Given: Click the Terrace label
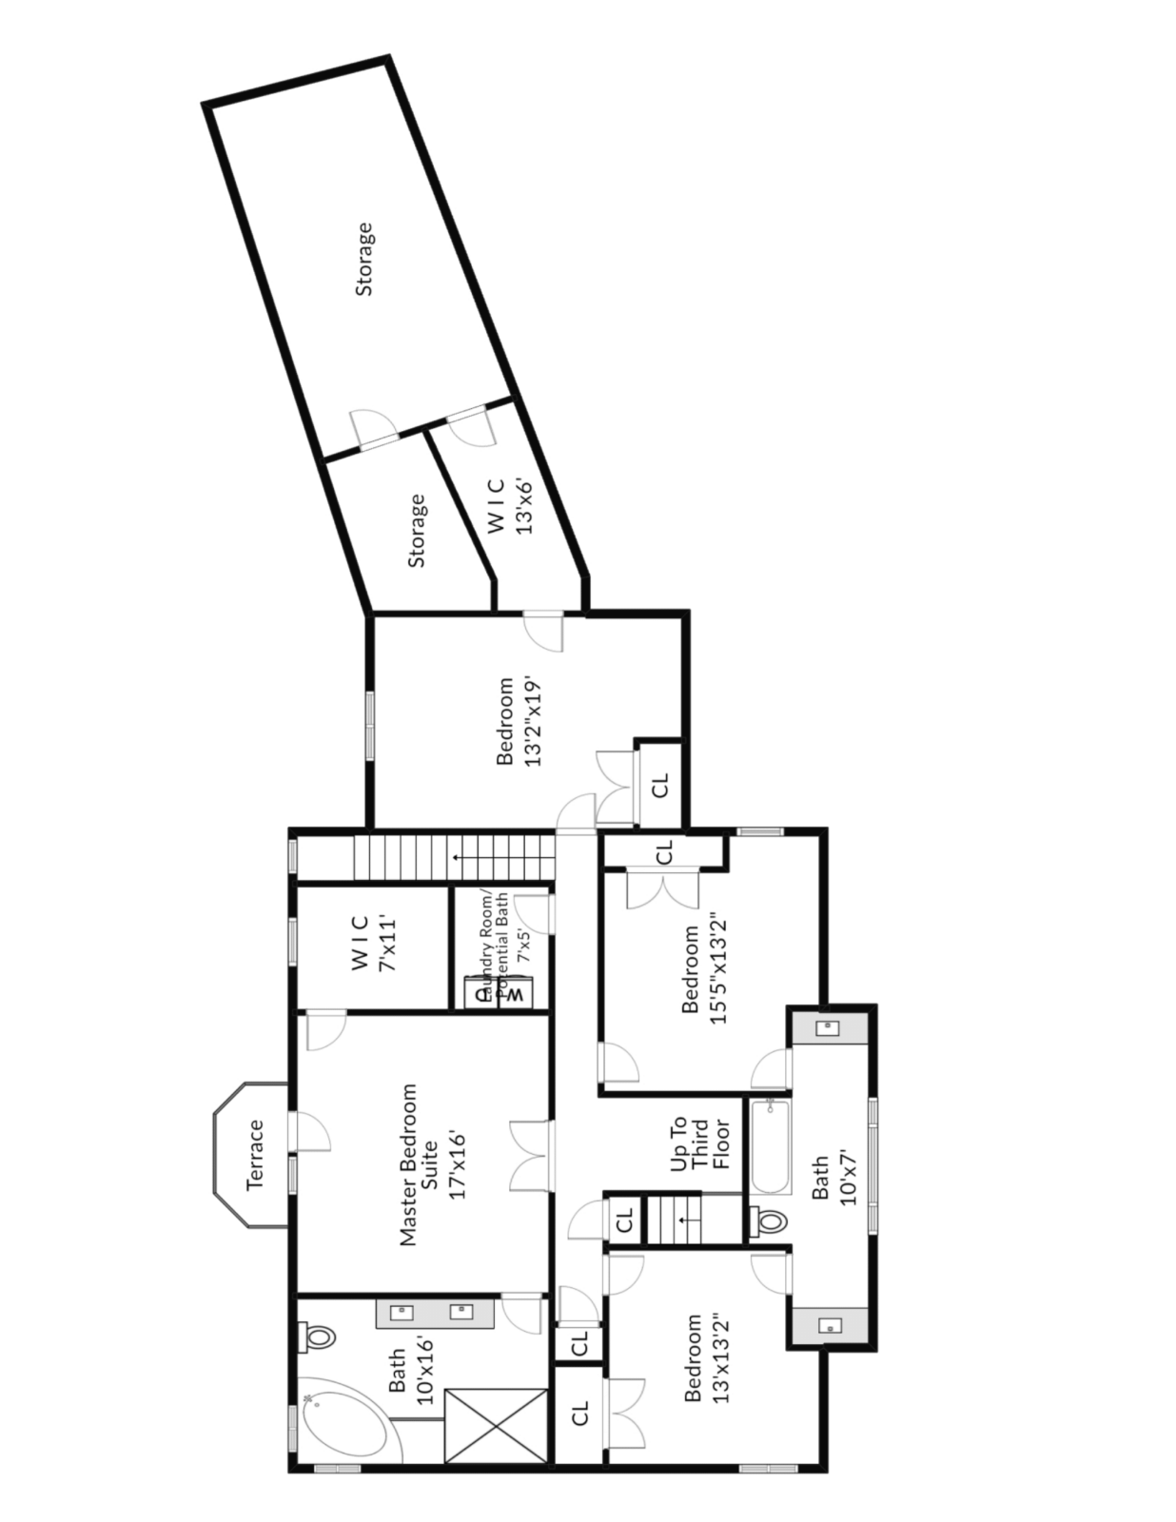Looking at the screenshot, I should point(255,1155).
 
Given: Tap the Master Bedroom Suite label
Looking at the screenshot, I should point(430,1164).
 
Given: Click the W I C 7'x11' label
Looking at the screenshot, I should point(373,943).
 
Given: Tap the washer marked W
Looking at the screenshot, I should point(515,995).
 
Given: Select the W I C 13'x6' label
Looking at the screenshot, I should point(509,504).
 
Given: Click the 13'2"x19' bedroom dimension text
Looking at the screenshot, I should point(533,721).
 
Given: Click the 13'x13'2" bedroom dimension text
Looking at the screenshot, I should point(720,1357).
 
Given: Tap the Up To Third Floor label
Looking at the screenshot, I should point(699,1144).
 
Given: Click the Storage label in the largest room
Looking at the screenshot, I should point(363,259).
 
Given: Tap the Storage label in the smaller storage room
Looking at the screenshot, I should point(417,531).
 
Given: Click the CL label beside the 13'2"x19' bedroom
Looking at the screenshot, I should point(660,785).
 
